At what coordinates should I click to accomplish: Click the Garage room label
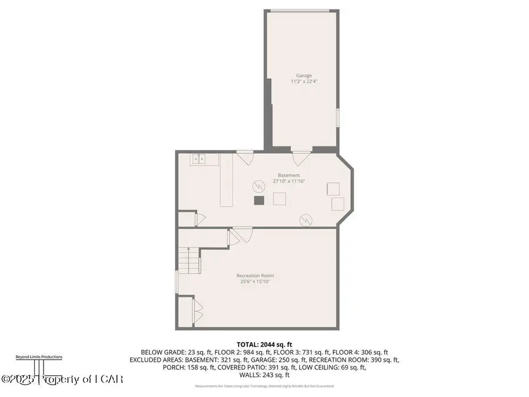304,75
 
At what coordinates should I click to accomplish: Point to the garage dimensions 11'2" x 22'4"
304,81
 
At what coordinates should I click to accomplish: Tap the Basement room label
289,175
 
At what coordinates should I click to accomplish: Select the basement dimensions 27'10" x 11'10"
289,181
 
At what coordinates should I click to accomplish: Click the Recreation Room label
255,275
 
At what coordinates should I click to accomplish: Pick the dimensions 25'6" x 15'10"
255,281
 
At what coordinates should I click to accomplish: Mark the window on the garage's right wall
338,117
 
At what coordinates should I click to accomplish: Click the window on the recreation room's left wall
176,281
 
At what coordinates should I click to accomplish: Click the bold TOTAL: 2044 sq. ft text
264,344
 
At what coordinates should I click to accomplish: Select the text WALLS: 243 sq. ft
264,375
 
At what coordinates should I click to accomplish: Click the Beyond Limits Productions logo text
39,356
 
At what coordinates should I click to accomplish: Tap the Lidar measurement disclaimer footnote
264,386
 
